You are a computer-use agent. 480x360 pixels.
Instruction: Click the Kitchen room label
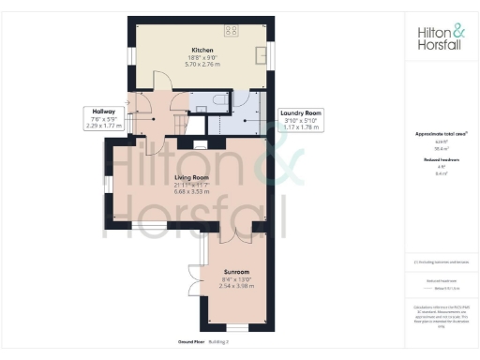[x=202, y=50]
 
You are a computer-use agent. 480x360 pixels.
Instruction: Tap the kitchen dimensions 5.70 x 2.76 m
[x=202, y=63]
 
